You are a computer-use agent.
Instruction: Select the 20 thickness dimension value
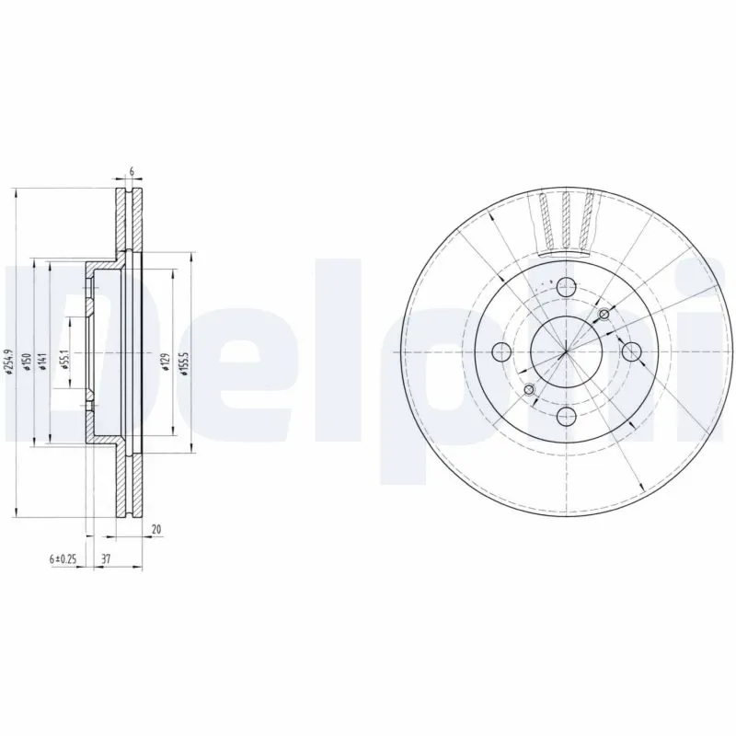pos(156,529)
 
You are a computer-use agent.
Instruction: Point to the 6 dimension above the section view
pos(132,172)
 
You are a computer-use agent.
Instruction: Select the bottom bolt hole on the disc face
pos(565,414)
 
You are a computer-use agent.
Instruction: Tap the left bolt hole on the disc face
pos(501,351)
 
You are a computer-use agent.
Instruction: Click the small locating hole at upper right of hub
pos(604,316)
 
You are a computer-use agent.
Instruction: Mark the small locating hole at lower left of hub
pos(528,391)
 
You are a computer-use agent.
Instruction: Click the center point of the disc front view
pos(565,351)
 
